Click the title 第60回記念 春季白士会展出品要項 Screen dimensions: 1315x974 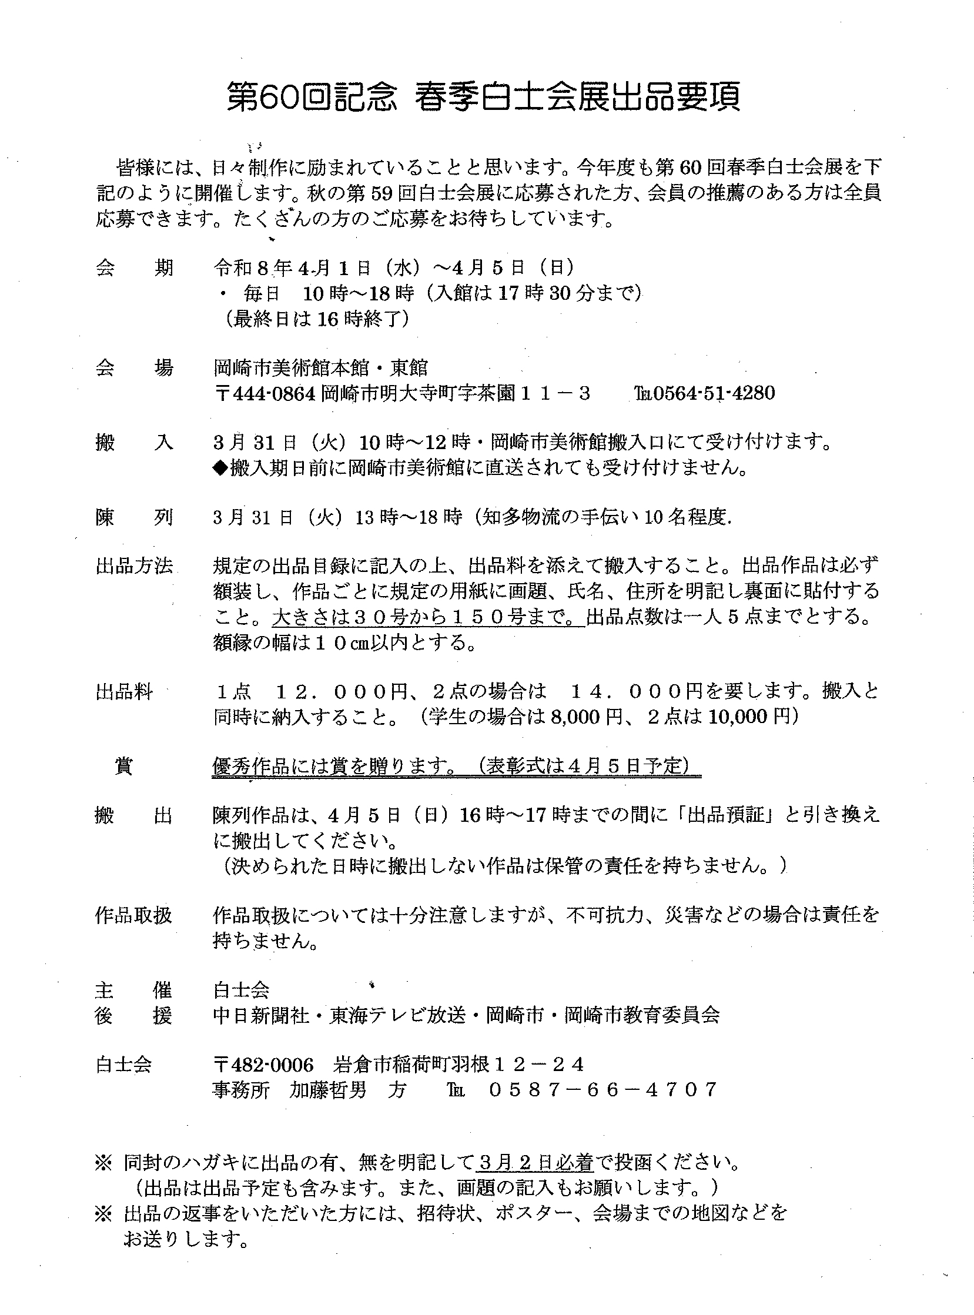[x=483, y=99]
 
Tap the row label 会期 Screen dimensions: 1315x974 [x=134, y=268]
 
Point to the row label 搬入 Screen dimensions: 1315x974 [x=134, y=442]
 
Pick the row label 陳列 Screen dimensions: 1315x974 [x=134, y=518]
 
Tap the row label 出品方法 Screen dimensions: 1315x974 [x=134, y=566]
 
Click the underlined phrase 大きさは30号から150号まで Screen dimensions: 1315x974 [x=427, y=617]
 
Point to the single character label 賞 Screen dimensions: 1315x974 [x=124, y=766]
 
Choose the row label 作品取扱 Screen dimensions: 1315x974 [x=134, y=915]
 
